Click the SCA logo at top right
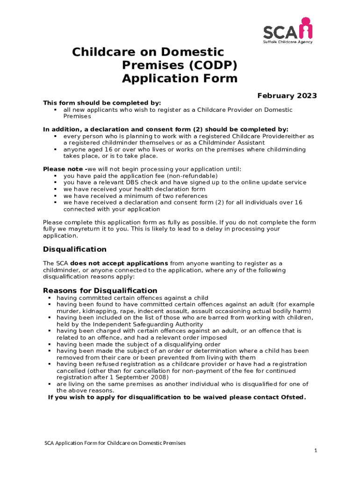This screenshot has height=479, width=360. (287, 29)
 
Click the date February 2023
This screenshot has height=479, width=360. (287, 96)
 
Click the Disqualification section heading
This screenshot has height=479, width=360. (75, 249)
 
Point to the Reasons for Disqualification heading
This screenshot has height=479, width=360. (100, 290)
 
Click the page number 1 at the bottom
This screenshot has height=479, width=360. (316, 450)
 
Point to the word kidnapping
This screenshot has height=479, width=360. (96, 311)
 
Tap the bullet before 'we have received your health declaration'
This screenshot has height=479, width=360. (55, 189)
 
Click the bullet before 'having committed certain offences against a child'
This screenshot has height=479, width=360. (49, 298)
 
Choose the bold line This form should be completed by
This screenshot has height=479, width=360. (102, 103)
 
